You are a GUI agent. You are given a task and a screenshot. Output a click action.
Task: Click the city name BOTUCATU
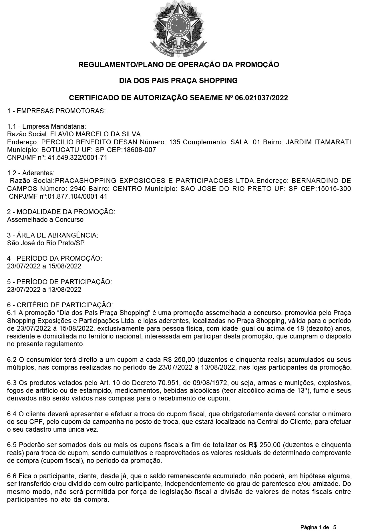56,150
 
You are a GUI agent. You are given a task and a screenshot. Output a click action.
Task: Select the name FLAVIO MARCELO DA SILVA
95,134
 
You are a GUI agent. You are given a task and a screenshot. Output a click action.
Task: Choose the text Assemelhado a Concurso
45,220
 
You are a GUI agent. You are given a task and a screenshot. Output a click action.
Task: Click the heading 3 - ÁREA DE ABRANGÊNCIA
53,235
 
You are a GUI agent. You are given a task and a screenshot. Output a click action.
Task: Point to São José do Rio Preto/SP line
46,243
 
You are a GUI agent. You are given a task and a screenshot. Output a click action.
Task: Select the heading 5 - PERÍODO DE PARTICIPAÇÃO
59,282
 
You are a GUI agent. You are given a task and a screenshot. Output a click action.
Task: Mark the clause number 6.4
12,414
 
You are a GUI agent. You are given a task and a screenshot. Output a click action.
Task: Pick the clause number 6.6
12,476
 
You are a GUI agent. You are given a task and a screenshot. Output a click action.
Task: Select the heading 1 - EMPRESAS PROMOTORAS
56,111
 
